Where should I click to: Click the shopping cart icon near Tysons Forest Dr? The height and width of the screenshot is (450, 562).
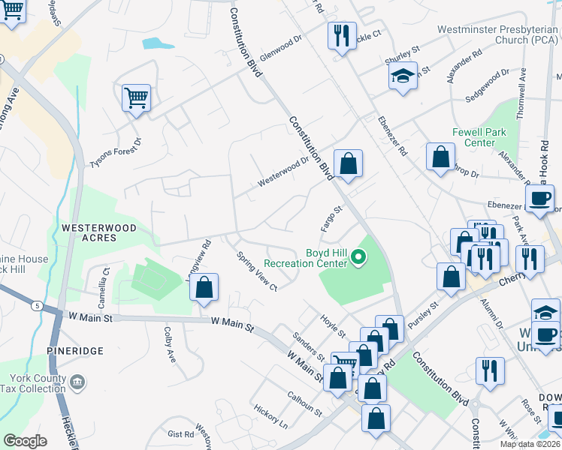coord(136,97)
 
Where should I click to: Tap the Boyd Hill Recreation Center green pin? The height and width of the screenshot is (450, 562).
coord(358,259)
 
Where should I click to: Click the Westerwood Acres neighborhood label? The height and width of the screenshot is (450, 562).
coord(89,232)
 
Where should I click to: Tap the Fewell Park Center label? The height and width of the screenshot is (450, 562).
coord(473,136)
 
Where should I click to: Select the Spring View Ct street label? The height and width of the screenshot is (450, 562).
coord(256,271)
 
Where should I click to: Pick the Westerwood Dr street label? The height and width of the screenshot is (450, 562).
coord(283,171)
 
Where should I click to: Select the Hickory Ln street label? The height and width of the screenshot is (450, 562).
coord(270,418)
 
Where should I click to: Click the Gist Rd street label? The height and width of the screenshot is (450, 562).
coord(181,434)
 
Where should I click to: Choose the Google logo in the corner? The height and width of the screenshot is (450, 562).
coord(26,440)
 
